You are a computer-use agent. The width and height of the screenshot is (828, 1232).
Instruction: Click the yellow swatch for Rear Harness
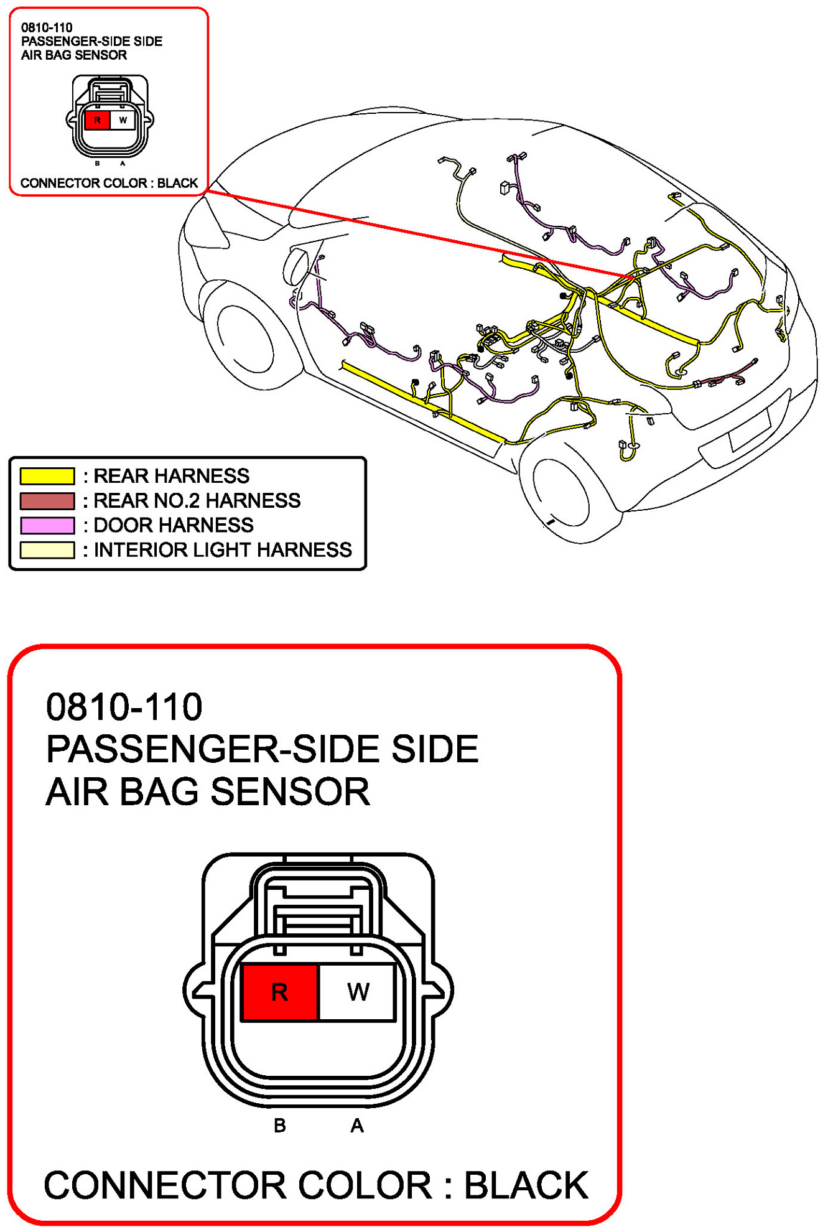[x=47, y=476]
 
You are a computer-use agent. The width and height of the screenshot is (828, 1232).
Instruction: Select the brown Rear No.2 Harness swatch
[x=47, y=501]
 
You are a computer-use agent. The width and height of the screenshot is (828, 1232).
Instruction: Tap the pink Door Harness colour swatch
[x=47, y=526]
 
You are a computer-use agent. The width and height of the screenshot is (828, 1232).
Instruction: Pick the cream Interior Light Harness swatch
[x=47, y=550]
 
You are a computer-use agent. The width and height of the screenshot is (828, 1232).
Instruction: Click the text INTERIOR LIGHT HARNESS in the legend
[x=223, y=550]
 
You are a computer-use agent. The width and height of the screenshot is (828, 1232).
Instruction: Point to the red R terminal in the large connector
[x=280, y=992]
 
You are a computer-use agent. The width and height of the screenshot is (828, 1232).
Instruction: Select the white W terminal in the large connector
[x=358, y=992]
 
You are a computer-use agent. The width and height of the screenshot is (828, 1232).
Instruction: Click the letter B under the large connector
[x=280, y=1125]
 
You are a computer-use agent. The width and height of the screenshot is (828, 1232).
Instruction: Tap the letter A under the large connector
[x=357, y=1125]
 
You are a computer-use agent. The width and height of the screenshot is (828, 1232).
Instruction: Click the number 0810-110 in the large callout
[x=124, y=707]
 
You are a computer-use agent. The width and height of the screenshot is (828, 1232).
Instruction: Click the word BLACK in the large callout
[x=526, y=1185]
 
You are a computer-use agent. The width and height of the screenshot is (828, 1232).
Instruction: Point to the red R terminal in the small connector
[x=97, y=120]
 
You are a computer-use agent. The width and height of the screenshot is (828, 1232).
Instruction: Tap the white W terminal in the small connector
[x=123, y=120]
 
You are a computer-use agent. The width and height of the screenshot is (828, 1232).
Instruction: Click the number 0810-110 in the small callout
[x=47, y=27]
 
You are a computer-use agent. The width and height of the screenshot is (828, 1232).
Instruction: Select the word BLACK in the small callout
[x=177, y=183]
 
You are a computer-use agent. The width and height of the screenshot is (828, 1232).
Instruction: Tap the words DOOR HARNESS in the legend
[x=174, y=526]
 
